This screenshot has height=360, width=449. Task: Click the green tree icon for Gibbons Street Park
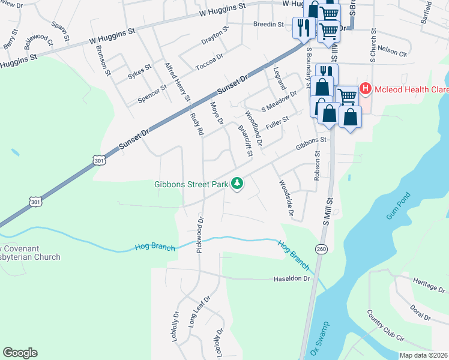[x=238, y=183]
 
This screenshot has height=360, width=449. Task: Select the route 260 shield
[x=321, y=249]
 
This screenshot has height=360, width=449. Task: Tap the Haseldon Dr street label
[x=292, y=278]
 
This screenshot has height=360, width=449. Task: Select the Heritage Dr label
[x=430, y=284]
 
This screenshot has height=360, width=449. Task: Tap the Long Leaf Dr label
[x=200, y=311]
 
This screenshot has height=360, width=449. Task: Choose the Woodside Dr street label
[x=286, y=197]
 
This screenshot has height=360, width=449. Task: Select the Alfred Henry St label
[x=177, y=82]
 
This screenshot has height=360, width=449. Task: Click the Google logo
[x=20, y=353]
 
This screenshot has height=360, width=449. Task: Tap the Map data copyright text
[x=424, y=355]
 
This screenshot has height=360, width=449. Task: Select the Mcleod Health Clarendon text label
[x=411, y=90]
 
